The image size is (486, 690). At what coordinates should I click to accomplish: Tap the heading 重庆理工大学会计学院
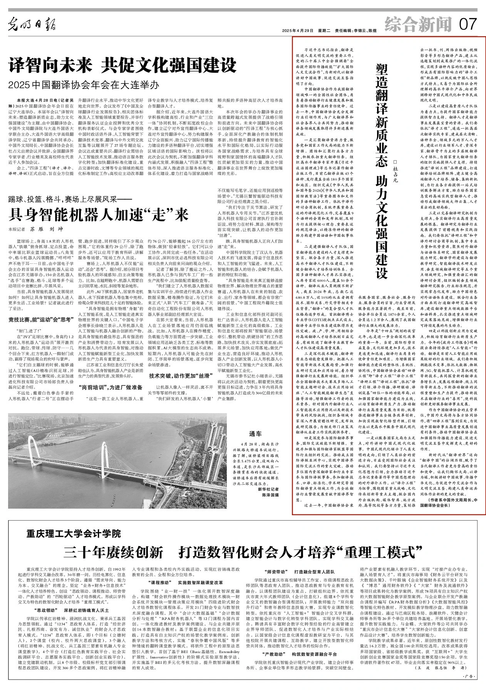pos(74,534)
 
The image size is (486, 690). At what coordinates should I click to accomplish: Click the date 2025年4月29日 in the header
pos(298,30)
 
